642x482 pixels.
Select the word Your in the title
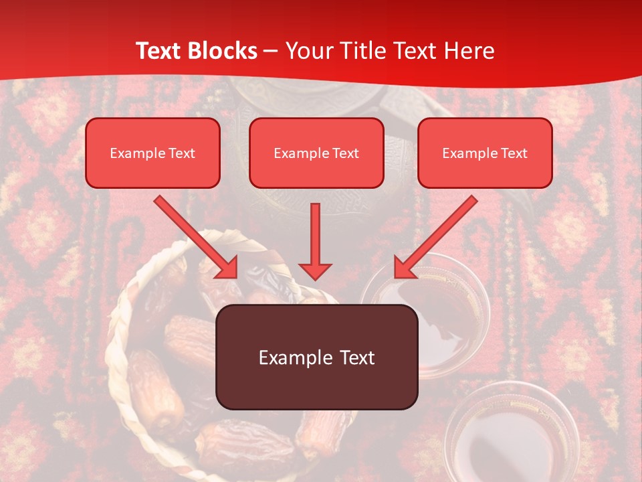pos(308,51)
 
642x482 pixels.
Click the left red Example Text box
pos(152,153)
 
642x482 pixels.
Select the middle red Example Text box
pos(316,153)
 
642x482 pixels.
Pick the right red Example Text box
pos(485,153)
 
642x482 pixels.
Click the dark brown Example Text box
pos(317,357)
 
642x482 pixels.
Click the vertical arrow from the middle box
pos(315,238)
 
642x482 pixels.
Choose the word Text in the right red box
pos(514,153)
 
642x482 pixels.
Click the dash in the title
pos(271,51)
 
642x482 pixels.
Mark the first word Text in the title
pos(159,51)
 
